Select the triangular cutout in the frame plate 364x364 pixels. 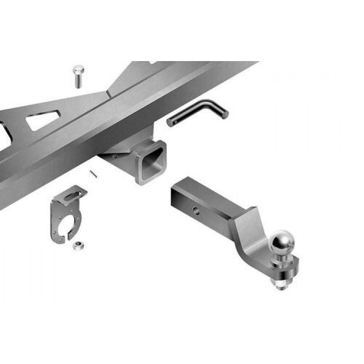pos(43,120)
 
